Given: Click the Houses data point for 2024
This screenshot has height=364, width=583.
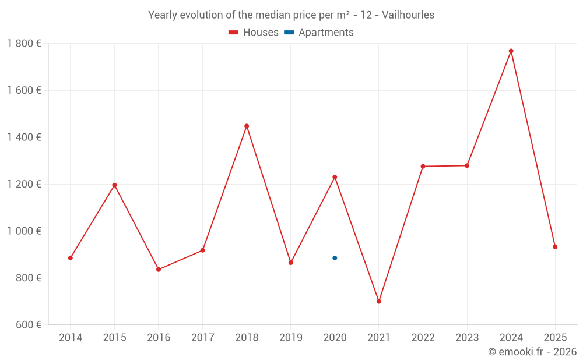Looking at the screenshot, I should pyautogui.click(x=511, y=51).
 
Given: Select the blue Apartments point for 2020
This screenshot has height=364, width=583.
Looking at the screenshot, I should pyautogui.click(x=335, y=258).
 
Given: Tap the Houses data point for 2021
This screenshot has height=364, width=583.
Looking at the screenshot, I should pyautogui.click(x=379, y=301).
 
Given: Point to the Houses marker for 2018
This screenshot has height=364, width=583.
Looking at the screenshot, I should pyautogui.click(x=247, y=126).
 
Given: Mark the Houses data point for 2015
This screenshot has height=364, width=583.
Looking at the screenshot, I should pyautogui.click(x=114, y=185).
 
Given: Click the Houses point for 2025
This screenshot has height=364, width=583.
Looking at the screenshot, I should pyautogui.click(x=555, y=247).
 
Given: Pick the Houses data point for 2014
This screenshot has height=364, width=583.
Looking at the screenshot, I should pyautogui.click(x=71, y=258).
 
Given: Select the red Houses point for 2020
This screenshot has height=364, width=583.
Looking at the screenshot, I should pyautogui.click(x=335, y=177).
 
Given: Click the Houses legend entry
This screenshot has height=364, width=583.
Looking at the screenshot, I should pyautogui.click(x=254, y=33).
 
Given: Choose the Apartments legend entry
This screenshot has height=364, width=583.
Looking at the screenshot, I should pyautogui.click(x=319, y=33).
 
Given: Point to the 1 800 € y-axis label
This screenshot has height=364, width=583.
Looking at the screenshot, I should pyautogui.click(x=24, y=44).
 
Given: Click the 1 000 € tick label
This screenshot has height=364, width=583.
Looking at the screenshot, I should pyautogui.click(x=24, y=231).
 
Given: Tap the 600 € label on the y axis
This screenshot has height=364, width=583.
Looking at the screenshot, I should pyautogui.click(x=27, y=325).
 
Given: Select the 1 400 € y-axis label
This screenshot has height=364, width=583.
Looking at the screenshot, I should pyautogui.click(x=24, y=137).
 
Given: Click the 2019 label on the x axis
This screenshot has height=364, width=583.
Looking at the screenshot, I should pyautogui.click(x=291, y=338).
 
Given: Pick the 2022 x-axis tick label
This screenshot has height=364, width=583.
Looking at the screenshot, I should pyautogui.click(x=423, y=338).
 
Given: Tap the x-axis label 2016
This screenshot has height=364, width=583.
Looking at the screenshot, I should pyautogui.click(x=159, y=338).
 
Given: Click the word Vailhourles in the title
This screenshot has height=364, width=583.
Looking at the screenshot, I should pyautogui.click(x=408, y=15).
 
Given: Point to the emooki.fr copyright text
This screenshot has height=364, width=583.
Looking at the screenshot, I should pyautogui.click(x=532, y=352).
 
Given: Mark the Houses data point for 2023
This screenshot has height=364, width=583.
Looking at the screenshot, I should pyautogui.click(x=467, y=166).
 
